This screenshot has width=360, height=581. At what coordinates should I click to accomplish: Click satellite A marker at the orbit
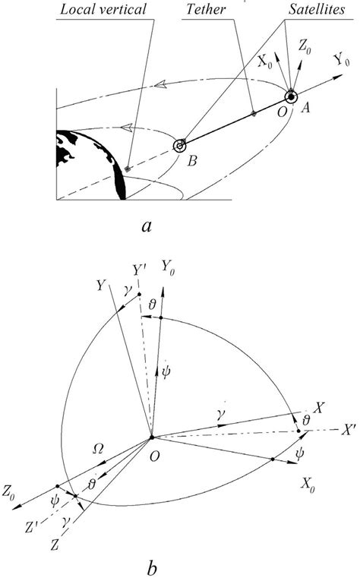point(291,97)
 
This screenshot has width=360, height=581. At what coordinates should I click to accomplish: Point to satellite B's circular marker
point(181,145)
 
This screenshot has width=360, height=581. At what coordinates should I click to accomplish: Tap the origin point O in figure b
point(152,437)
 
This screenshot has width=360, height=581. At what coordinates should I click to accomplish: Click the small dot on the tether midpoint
point(254,114)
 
